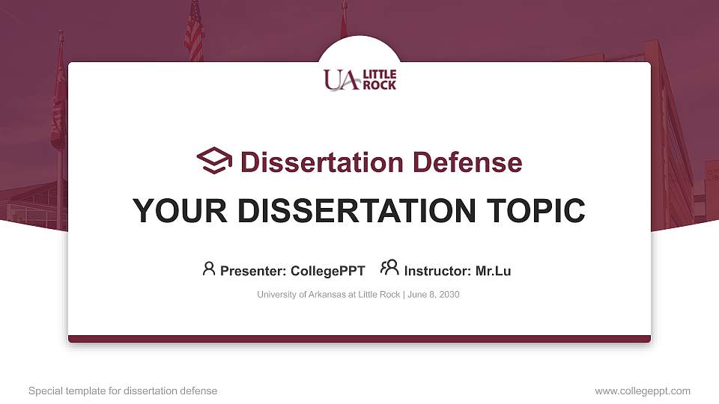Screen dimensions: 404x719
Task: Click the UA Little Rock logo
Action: [x=359, y=79]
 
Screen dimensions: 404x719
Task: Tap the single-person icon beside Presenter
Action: [x=209, y=269]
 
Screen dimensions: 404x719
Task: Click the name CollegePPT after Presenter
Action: [x=328, y=271]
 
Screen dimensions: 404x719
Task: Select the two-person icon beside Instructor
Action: [x=389, y=269]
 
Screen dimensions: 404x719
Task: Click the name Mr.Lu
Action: [x=493, y=271]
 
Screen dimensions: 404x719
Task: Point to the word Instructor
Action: [x=437, y=271]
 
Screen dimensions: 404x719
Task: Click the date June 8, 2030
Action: [x=434, y=295]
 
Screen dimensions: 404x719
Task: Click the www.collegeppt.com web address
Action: [x=643, y=391]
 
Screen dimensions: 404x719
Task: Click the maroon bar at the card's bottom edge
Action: [x=359, y=339]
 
